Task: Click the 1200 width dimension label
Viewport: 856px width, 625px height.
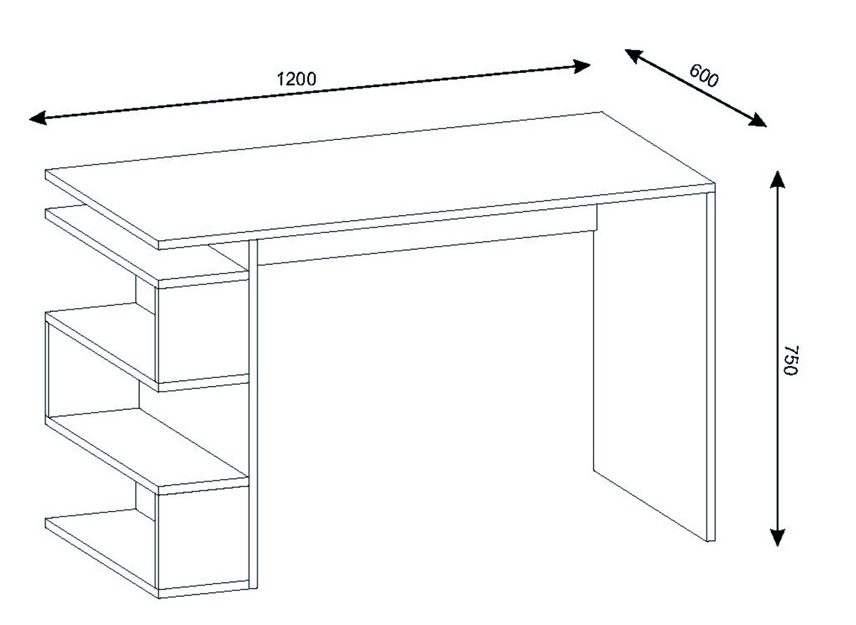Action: pyautogui.click(x=296, y=79)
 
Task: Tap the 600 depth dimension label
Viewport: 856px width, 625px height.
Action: pyautogui.click(x=703, y=76)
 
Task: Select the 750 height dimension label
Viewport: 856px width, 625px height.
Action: pyautogui.click(x=790, y=359)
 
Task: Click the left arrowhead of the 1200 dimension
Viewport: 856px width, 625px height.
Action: pyautogui.click(x=37, y=118)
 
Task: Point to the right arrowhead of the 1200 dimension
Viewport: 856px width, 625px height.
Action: pyautogui.click(x=583, y=67)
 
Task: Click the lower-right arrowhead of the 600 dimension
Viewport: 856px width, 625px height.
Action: pyautogui.click(x=757, y=121)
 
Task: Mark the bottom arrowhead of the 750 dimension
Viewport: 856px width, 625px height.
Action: pyautogui.click(x=777, y=537)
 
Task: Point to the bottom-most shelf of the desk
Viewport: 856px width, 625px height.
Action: pyautogui.click(x=147, y=551)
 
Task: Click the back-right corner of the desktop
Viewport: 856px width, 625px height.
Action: pyautogui.click(x=602, y=112)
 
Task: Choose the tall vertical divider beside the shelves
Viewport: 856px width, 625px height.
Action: pyautogui.click(x=253, y=414)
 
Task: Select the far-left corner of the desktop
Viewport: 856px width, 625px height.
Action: pyautogui.click(x=46, y=170)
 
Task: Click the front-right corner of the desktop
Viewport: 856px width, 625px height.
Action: pyautogui.click(x=715, y=184)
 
